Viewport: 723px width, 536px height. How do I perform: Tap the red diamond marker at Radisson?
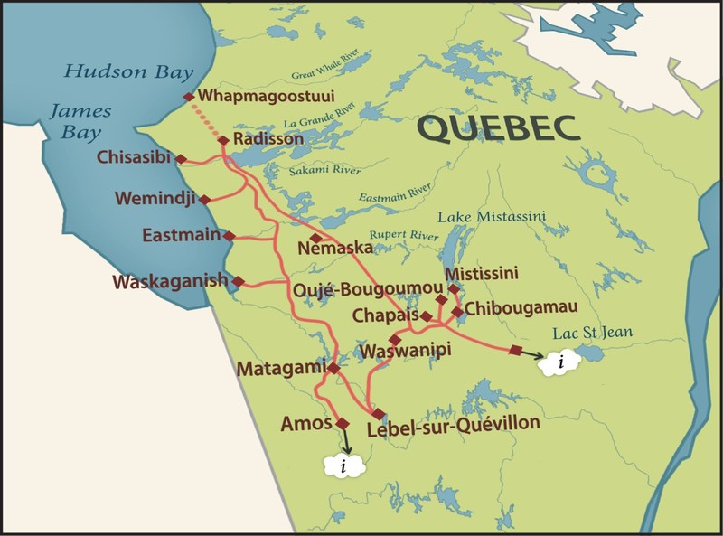pyautogui.click(x=223, y=140)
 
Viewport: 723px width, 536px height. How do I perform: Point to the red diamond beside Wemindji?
pyautogui.click(x=205, y=199)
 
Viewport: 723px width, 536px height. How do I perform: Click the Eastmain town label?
pyautogui.click(x=181, y=235)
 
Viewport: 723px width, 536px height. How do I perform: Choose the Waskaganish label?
pyautogui.click(x=169, y=282)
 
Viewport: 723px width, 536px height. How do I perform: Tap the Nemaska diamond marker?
pyautogui.click(x=315, y=237)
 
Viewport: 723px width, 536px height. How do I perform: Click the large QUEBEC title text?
pyautogui.click(x=497, y=128)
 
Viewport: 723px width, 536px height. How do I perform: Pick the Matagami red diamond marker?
pyautogui.click(x=333, y=368)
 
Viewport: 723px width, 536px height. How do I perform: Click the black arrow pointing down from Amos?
pyautogui.click(x=345, y=439)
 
